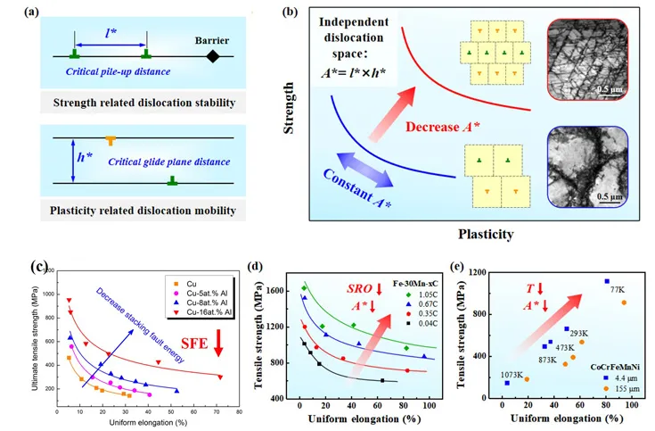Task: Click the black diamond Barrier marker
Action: point(212,56)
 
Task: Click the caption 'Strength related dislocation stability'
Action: point(125,101)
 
